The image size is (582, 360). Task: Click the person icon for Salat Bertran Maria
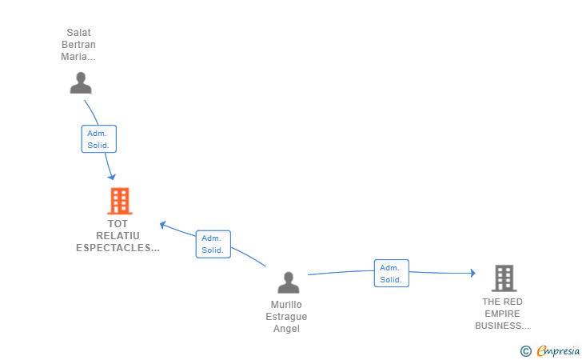click(81, 82)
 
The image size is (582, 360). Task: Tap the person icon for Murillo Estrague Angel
click(288, 282)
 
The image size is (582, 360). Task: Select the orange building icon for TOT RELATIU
click(119, 202)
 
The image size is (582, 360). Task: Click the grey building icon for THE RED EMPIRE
click(503, 278)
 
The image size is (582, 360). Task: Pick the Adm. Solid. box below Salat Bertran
click(99, 139)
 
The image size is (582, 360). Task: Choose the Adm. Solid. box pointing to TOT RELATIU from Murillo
click(213, 244)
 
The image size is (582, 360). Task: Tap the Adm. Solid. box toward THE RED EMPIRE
click(391, 274)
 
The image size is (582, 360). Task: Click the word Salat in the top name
click(78, 33)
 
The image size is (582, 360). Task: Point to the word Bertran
click(78, 45)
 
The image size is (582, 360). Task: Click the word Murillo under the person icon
click(286, 305)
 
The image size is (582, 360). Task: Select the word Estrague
click(286, 317)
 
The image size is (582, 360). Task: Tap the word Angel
click(286, 329)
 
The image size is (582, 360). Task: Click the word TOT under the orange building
click(118, 224)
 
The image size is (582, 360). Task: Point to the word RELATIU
click(118, 236)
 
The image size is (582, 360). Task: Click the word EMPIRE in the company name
click(502, 314)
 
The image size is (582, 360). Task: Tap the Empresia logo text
click(556, 350)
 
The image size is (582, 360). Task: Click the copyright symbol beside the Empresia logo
click(526, 350)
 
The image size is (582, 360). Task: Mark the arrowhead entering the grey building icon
click(472, 274)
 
